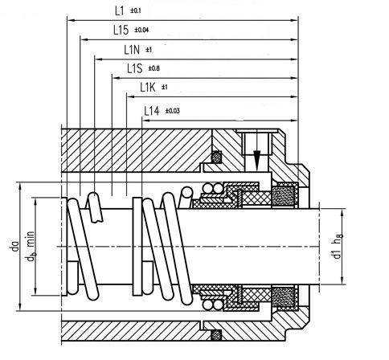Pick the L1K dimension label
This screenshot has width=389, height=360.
tap(147, 88)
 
